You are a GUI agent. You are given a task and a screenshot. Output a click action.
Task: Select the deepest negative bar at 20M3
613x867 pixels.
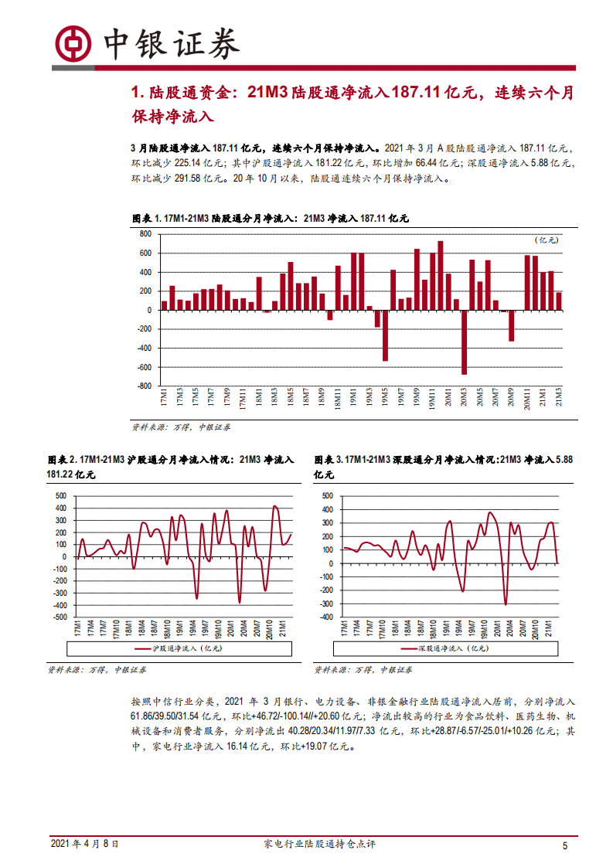[464, 342]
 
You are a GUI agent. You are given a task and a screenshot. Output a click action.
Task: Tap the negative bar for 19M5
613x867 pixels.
[385, 335]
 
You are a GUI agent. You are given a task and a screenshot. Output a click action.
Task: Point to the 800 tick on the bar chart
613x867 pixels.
[145, 233]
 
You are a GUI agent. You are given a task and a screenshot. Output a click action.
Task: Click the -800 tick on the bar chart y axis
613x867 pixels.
[143, 386]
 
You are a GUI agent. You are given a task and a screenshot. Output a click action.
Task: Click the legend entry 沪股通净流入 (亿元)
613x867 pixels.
[177, 648]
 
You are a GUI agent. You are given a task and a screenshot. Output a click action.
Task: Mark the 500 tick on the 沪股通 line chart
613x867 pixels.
[61, 495]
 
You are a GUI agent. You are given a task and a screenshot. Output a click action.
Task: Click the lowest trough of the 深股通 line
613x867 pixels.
[506, 604]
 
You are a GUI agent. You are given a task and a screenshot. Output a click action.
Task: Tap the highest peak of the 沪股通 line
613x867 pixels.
[275, 506]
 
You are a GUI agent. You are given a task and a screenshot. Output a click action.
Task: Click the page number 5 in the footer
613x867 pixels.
[565, 846]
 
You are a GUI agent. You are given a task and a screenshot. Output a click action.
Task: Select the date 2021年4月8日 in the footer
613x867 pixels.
[85, 845]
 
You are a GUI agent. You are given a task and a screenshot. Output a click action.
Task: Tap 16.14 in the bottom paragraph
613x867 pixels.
[238, 747]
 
